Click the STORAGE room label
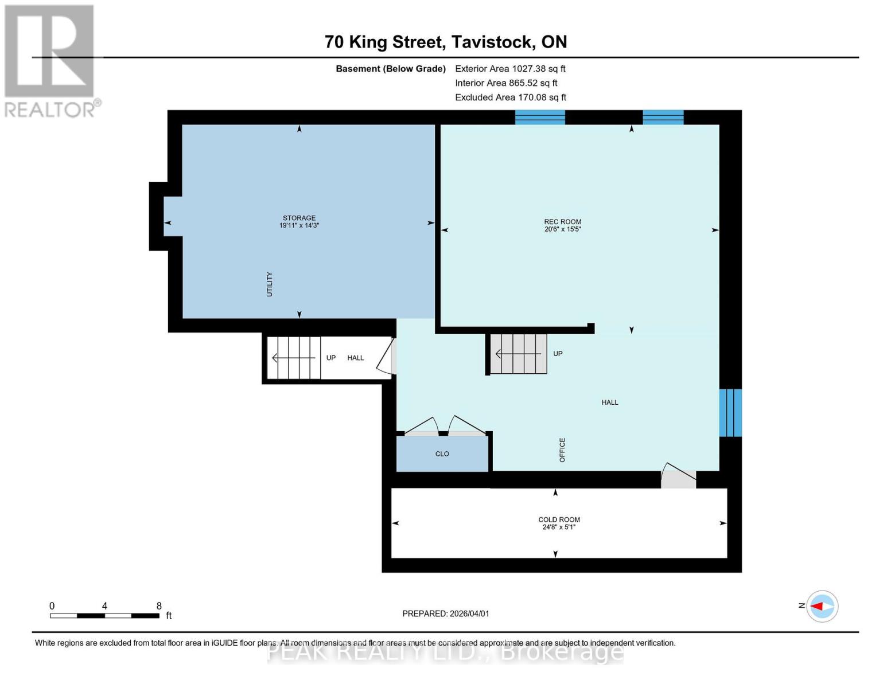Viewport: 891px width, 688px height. pyautogui.click(x=299, y=218)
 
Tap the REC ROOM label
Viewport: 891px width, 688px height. pyautogui.click(x=562, y=222)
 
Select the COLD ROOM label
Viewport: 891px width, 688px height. pyautogui.click(x=559, y=519)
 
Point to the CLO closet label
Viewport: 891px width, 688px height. pyautogui.click(x=442, y=454)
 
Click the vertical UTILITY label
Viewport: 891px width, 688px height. pyautogui.click(x=269, y=284)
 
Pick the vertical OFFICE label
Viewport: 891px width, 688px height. pyautogui.click(x=562, y=450)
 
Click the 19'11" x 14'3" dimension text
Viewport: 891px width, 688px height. pyautogui.click(x=299, y=226)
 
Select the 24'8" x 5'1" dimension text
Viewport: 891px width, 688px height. pyautogui.click(x=559, y=527)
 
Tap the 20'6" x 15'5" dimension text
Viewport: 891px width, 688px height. pyautogui.click(x=562, y=229)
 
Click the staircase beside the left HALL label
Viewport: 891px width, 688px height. pyautogui.click(x=294, y=358)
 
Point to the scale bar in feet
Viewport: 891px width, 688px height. pyautogui.click(x=104, y=615)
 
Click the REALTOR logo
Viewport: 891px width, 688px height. pyautogui.click(x=50, y=60)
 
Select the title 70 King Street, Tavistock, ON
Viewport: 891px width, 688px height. pyautogui.click(x=445, y=42)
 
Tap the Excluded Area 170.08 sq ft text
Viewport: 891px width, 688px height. pyautogui.click(x=510, y=97)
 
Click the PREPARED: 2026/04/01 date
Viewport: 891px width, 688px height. pyautogui.click(x=445, y=613)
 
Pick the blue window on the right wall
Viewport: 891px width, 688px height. pyautogui.click(x=730, y=413)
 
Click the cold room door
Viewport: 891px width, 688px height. pyautogui.click(x=678, y=478)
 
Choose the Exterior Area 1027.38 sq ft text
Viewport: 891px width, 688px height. pyautogui.click(x=510, y=69)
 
